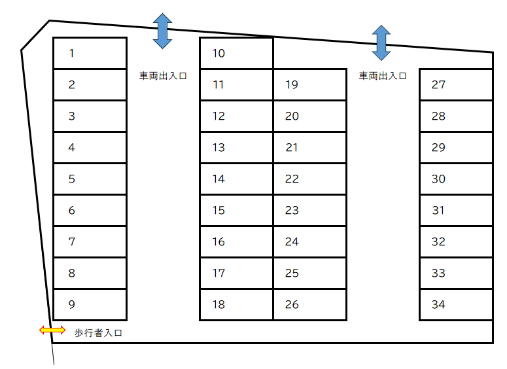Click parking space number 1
(x=90, y=53)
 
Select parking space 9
(x=90, y=305)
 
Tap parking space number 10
(x=236, y=53)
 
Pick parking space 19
(x=310, y=84)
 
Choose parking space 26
(x=310, y=305)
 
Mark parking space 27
(x=456, y=84)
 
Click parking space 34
(x=456, y=305)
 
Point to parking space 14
(x=236, y=179)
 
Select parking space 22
(x=310, y=179)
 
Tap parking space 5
(x=90, y=179)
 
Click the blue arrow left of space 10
(x=162, y=31)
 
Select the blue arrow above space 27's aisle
(x=381, y=43)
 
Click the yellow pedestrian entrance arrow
(x=52, y=330)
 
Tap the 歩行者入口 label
(x=98, y=333)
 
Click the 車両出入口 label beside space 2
(x=163, y=76)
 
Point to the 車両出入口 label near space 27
(x=383, y=76)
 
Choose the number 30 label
(x=438, y=179)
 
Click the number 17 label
(x=219, y=273)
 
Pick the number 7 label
(x=72, y=241)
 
